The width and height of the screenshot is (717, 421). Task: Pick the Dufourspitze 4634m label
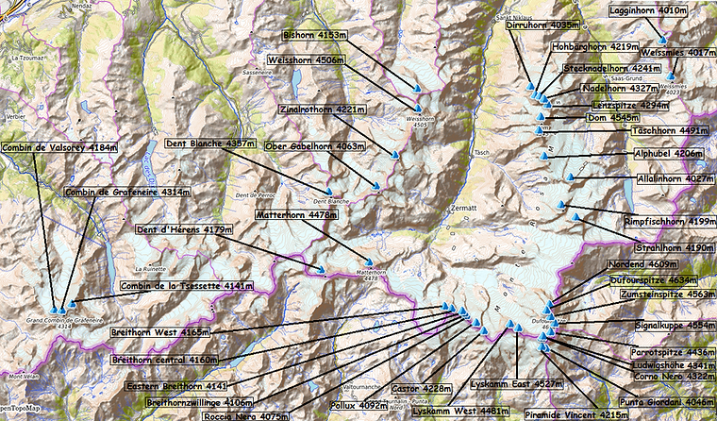click(658, 279)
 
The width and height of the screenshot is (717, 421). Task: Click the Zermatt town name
click(461, 207)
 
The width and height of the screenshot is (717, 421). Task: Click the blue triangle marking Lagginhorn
click(663, 41)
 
